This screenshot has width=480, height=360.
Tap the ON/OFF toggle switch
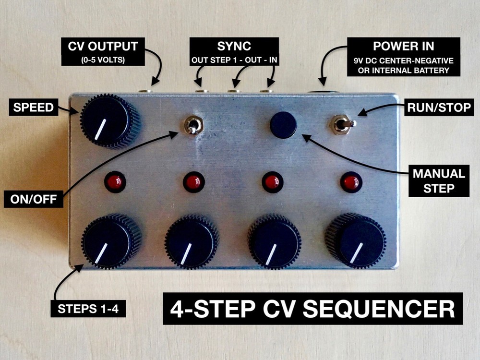193,126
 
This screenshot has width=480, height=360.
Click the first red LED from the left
115,182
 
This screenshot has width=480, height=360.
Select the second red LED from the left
193,182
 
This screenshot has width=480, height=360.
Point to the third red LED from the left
272,182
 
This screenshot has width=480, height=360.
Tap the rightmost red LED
350,182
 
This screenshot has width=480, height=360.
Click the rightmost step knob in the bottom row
356,241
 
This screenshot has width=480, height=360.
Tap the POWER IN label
403,56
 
